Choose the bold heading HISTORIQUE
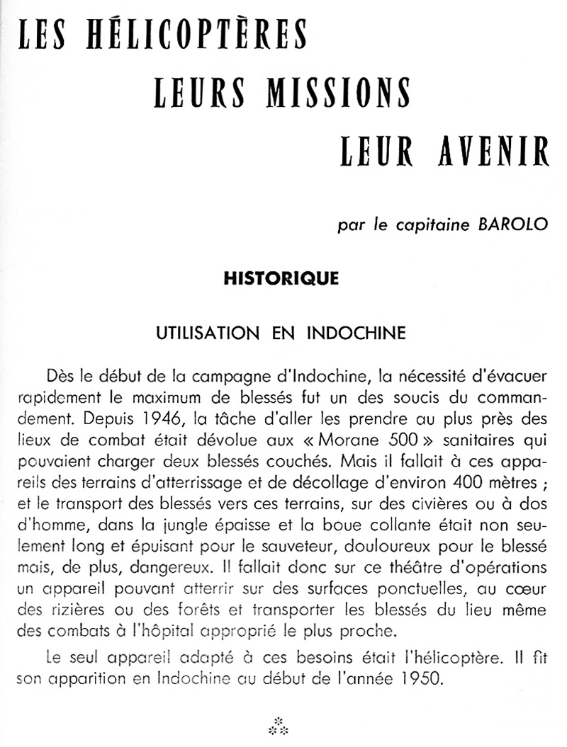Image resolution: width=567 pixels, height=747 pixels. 281,278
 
